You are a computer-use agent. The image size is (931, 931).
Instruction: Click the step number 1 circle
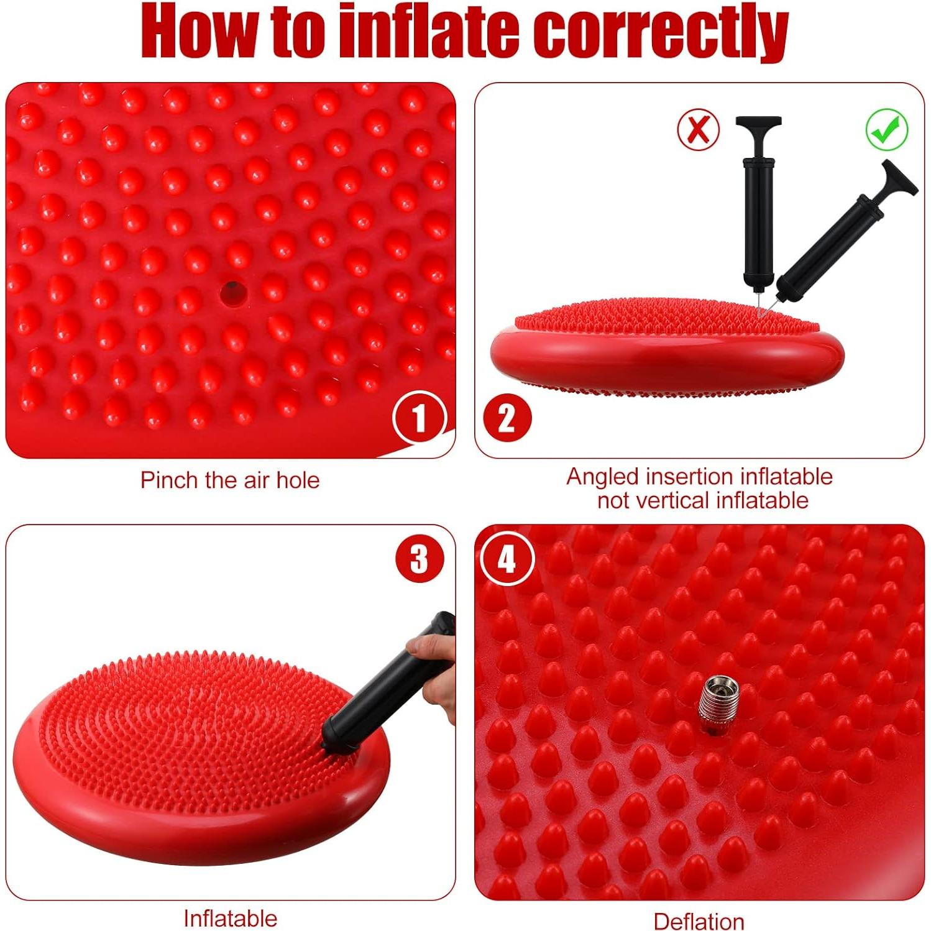pos(420,418)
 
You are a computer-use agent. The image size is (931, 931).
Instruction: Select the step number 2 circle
pos(507,418)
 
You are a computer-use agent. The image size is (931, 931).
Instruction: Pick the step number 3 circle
pos(420,558)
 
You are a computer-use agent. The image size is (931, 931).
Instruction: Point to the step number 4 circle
pos(507,558)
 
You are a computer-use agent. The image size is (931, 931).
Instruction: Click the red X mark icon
pos(698,129)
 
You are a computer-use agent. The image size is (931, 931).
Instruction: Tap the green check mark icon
pos(886,129)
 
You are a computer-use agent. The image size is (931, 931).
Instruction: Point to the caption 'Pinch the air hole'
pos(230,480)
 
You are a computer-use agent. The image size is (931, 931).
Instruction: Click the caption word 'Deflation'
pos(699,920)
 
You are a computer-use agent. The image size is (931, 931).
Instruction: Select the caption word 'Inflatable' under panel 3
pos(230,917)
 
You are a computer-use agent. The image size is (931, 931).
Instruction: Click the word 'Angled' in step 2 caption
pos(603,477)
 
